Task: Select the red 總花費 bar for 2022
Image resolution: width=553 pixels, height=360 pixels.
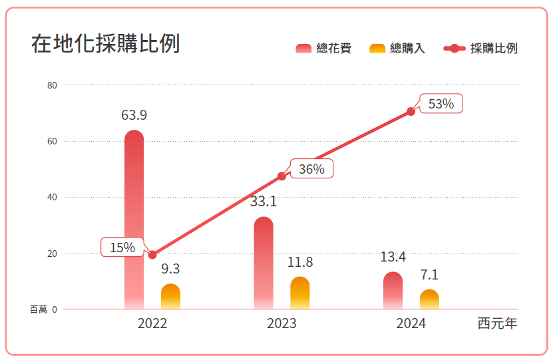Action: click(x=134, y=220)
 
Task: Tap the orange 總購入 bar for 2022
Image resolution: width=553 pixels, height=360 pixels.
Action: click(x=171, y=297)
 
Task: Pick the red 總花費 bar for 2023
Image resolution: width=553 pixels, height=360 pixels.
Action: click(x=264, y=263)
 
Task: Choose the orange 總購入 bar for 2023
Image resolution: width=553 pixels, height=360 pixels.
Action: click(x=300, y=293)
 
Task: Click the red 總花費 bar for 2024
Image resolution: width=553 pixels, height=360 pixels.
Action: click(x=393, y=291)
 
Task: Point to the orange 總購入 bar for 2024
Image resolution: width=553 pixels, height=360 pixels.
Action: click(x=429, y=299)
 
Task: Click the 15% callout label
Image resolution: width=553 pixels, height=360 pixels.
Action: click(x=122, y=247)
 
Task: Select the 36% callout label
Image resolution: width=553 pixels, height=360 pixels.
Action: click(x=311, y=169)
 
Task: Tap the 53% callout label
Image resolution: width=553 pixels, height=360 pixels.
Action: click(x=441, y=104)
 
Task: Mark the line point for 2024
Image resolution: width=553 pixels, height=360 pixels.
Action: click(x=411, y=112)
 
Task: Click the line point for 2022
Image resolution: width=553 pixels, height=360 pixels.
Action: click(x=152, y=255)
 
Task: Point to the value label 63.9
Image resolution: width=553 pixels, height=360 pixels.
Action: click(x=134, y=115)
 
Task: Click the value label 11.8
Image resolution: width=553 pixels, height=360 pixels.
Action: click(x=300, y=262)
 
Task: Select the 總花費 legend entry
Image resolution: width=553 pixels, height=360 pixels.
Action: click(x=323, y=49)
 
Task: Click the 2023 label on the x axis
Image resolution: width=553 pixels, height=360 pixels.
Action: click(x=281, y=324)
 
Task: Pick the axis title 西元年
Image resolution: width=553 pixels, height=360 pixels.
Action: click(x=497, y=324)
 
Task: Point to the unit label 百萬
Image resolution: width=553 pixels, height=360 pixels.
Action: click(x=39, y=309)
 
